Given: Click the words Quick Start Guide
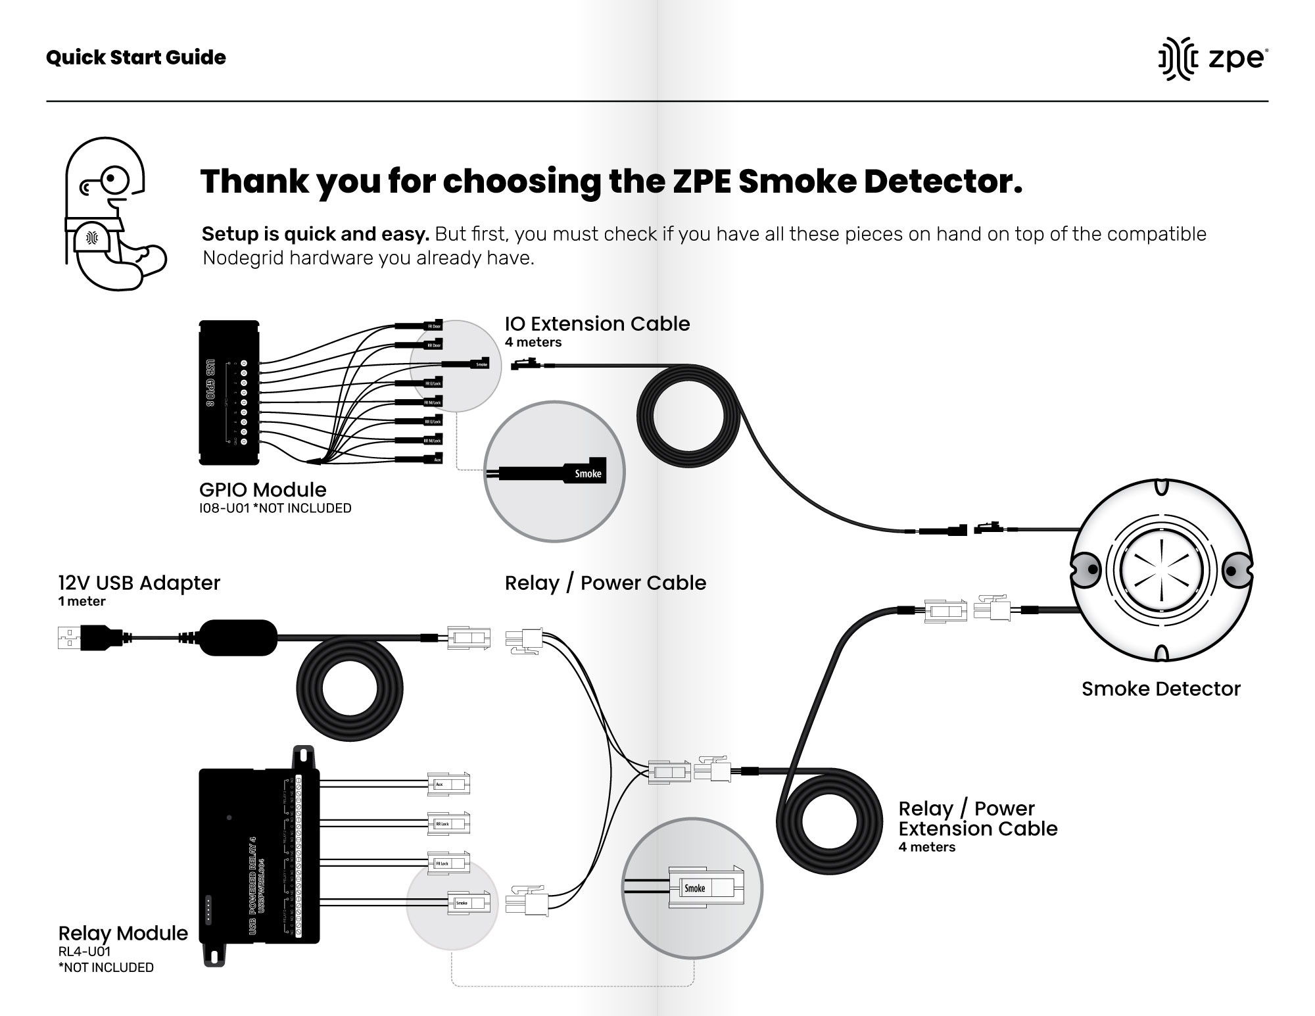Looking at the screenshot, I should pyautogui.click(x=136, y=58).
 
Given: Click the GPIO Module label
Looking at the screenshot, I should pyautogui.click(x=262, y=490).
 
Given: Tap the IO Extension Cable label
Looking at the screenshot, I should pyautogui.click(x=597, y=324).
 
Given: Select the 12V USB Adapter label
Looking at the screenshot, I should pyautogui.click(x=139, y=583).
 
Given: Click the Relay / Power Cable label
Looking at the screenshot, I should pyautogui.click(x=605, y=583).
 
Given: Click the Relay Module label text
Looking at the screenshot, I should pyautogui.click(x=123, y=933).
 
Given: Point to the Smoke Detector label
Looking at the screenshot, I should pyautogui.click(x=1160, y=689).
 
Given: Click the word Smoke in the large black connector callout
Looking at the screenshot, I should pyautogui.click(x=588, y=473).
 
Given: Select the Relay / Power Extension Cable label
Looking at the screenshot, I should pyautogui.click(x=978, y=819).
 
